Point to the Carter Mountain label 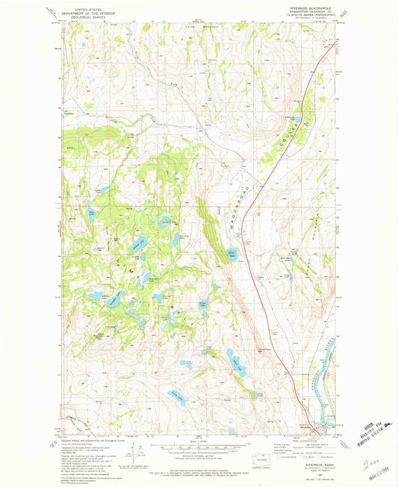pyautogui.click(x=194, y=28)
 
